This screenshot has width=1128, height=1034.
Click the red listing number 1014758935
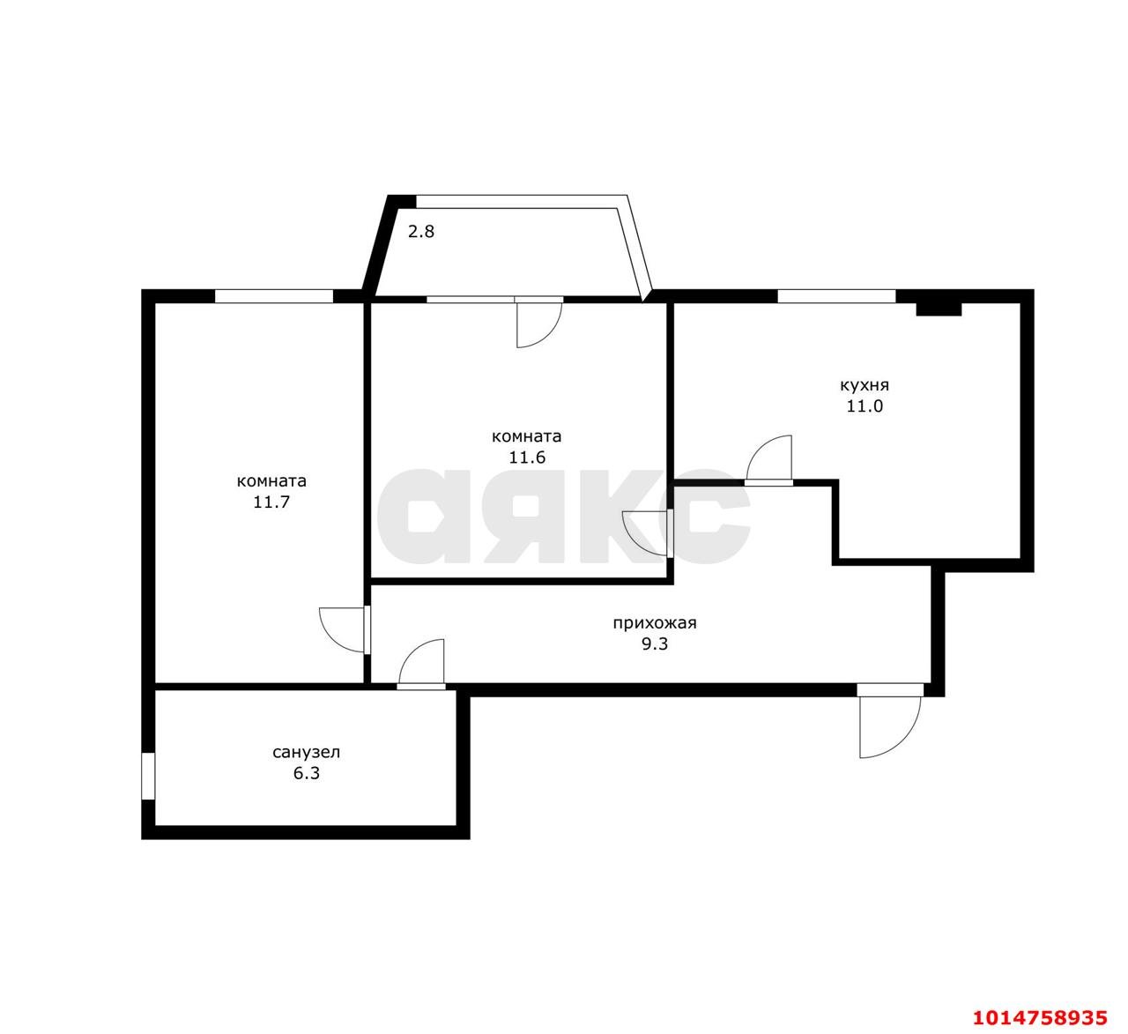[1040, 1016]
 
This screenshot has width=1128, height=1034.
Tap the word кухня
[865, 385]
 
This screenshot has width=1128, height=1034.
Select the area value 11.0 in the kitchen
[865, 406]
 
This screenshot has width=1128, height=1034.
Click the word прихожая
[655, 623]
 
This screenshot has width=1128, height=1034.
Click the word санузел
[307, 753]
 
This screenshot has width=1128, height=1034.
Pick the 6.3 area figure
[307, 774]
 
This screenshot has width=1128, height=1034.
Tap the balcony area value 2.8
[421, 231]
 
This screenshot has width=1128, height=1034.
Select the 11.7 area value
[271, 502]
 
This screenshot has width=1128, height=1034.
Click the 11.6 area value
[527, 457]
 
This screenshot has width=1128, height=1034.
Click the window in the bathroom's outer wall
[148, 776]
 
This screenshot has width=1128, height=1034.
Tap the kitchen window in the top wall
[836, 296]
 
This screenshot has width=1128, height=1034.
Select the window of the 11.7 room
[274, 296]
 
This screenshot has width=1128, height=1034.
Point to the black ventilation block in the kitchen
[939, 309]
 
